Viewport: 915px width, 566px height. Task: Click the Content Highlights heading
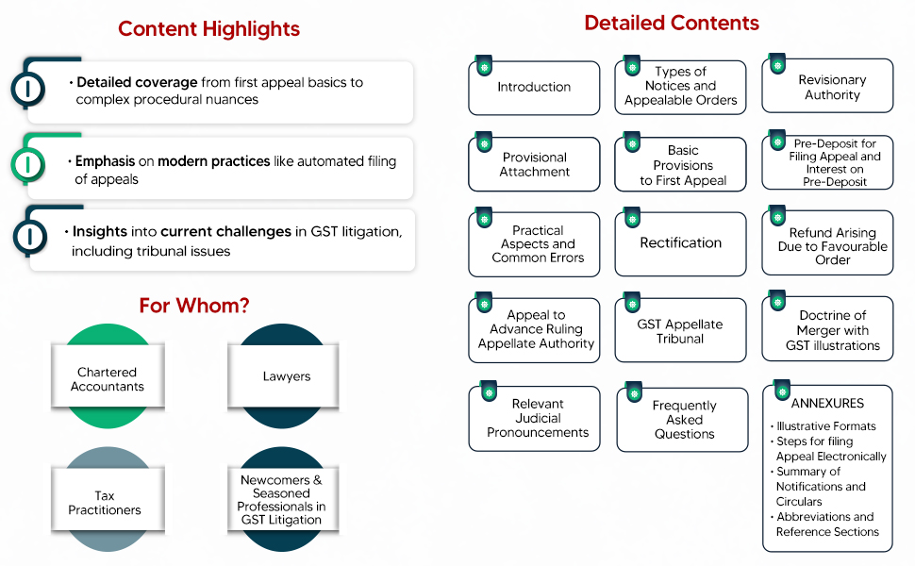[x=208, y=29]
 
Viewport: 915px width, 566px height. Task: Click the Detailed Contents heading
[x=672, y=24]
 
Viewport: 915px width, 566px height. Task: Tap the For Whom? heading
[x=194, y=306]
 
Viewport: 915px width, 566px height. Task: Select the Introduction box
[x=534, y=88]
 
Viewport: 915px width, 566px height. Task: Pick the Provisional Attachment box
[x=535, y=165]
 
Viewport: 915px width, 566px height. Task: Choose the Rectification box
[x=681, y=243]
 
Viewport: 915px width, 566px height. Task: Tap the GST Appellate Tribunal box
[x=680, y=331]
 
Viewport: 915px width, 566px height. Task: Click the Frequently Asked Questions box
[x=684, y=420]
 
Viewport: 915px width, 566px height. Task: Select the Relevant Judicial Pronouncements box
[x=537, y=418]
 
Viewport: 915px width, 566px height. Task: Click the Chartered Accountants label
[x=107, y=379]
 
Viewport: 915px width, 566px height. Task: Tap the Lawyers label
[x=287, y=376]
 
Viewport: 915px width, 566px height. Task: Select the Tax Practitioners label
[x=105, y=503]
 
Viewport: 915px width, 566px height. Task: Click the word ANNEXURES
[x=827, y=404]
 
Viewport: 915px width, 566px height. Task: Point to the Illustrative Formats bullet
[x=825, y=426]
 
